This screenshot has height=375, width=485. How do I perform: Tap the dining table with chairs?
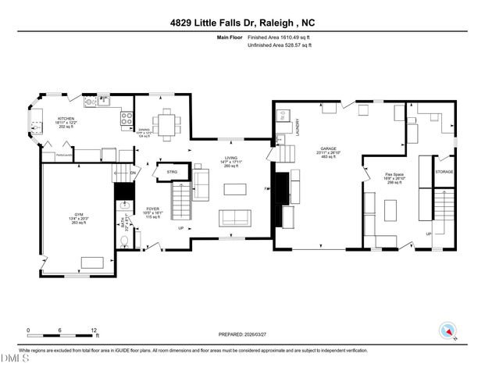pyautogui.click(x=165, y=123)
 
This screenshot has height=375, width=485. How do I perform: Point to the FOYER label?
pyautogui.click(x=152, y=209)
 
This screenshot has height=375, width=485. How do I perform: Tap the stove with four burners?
pyautogui.click(x=126, y=119)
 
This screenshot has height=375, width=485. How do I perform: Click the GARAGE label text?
pyautogui.click(x=326, y=150)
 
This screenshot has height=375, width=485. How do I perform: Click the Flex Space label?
pyautogui.click(x=394, y=174)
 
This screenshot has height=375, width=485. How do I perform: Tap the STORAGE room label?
pyautogui.click(x=444, y=171)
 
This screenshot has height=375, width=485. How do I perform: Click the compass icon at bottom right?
pyautogui.click(x=448, y=331)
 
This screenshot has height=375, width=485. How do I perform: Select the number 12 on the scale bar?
pyautogui.click(x=95, y=330)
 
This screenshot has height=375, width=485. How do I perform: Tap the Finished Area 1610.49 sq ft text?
pyautogui.click(x=279, y=37)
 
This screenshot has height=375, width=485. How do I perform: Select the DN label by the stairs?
pyautogui.click(x=133, y=173)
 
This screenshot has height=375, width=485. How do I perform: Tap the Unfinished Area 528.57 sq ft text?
pyautogui.click(x=279, y=46)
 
